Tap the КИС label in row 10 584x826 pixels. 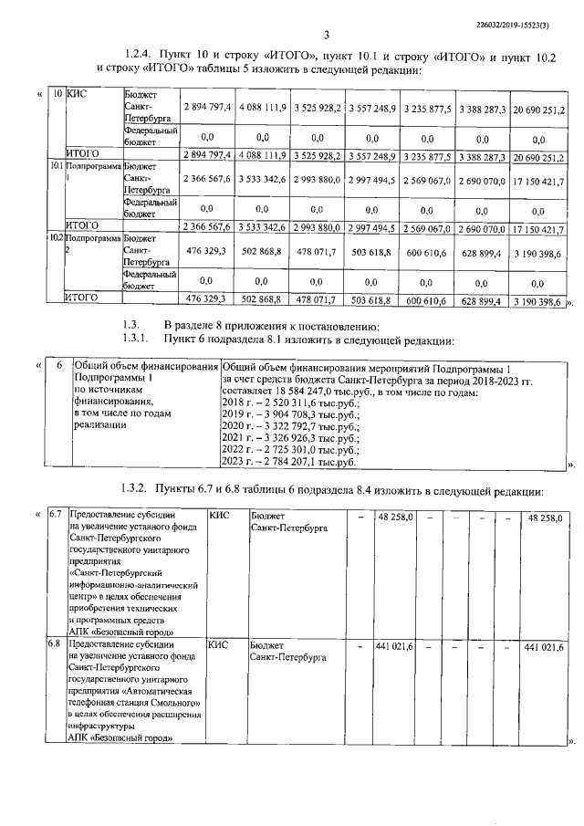(78, 95)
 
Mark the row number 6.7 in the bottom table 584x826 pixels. (55, 517)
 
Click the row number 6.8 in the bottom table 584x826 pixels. (55, 645)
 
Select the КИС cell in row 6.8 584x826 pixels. (217, 645)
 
